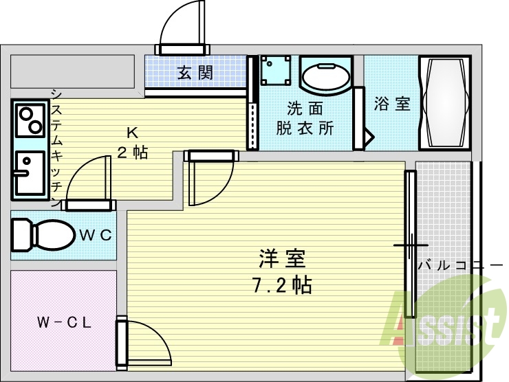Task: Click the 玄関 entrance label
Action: click(x=195, y=73)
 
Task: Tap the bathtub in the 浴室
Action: click(x=446, y=104)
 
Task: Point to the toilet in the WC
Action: click(x=41, y=234)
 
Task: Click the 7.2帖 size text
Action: click(x=282, y=284)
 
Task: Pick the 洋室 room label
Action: click(x=282, y=259)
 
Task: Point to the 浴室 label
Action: click(x=392, y=104)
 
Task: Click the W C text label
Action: click(x=96, y=234)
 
